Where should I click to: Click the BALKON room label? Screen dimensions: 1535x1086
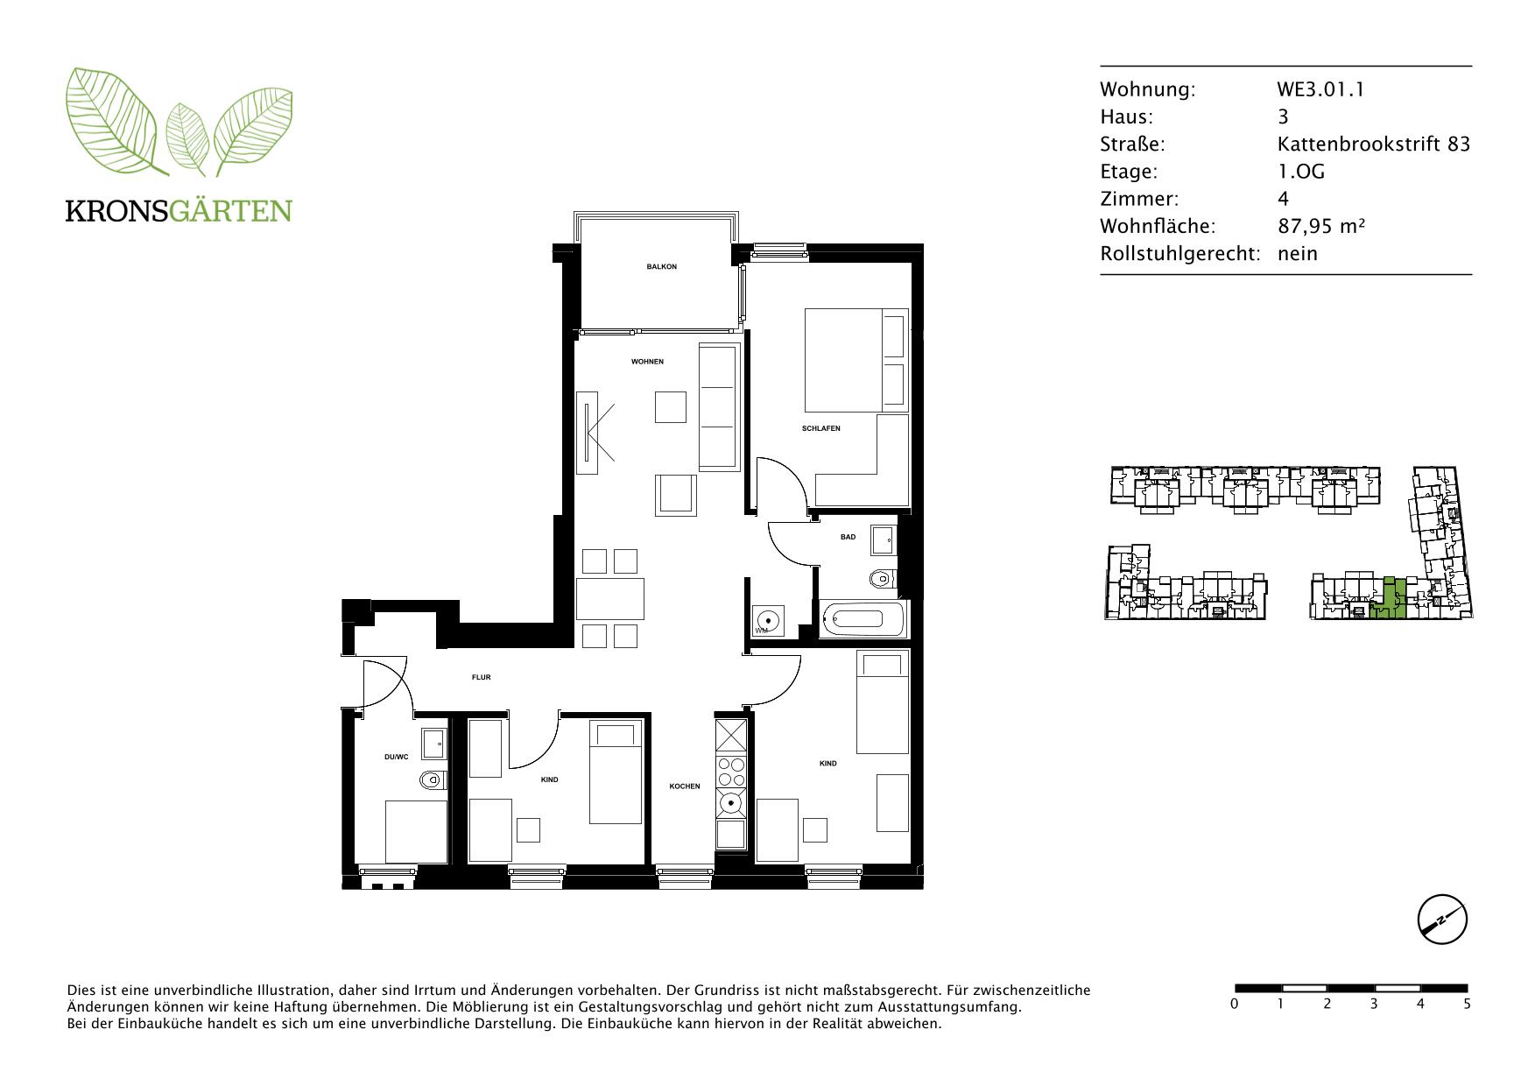661,266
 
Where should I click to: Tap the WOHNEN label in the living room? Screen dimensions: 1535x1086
647,362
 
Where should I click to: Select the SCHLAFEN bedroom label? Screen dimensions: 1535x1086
820,428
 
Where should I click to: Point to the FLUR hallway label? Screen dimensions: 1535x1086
481,677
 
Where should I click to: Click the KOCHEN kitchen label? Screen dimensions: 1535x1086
685,786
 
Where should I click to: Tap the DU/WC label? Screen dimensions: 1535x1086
396,757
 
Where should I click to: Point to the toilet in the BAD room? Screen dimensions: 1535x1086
884,578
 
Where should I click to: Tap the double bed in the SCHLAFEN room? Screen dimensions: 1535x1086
856,360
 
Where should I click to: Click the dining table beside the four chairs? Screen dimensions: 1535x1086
610,599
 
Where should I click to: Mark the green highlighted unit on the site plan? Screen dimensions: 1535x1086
1389,602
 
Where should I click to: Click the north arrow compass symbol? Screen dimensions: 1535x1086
1442,920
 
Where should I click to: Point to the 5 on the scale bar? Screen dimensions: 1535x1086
1467,1004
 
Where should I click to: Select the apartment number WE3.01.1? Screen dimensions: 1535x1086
1320,89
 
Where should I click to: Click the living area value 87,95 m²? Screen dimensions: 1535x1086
1321,226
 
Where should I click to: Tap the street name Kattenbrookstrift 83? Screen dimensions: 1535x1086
1374,144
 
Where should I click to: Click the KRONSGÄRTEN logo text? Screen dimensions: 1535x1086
179,211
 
